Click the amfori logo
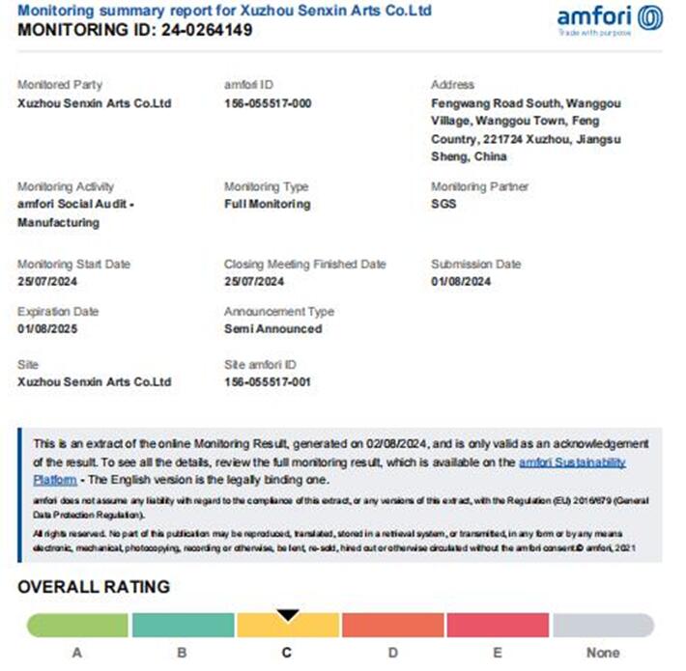click(610, 19)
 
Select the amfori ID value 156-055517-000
click(268, 103)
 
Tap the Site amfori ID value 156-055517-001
click(268, 381)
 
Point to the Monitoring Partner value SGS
click(443, 205)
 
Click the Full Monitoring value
click(267, 205)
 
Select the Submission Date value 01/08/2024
click(461, 282)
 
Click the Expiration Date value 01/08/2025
click(48, 329)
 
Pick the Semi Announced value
click(272, 329)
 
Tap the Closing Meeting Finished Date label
click(304, 265)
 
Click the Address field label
click(452, 85)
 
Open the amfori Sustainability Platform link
click(572, 463)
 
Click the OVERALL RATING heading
click(94, 587)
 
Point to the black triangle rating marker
click(287, 615)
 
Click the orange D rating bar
click(392, 626)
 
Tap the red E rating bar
click(497, 626)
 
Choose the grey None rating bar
click(603, 626)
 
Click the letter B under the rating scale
click(182, 653)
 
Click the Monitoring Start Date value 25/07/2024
click(47, 282)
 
